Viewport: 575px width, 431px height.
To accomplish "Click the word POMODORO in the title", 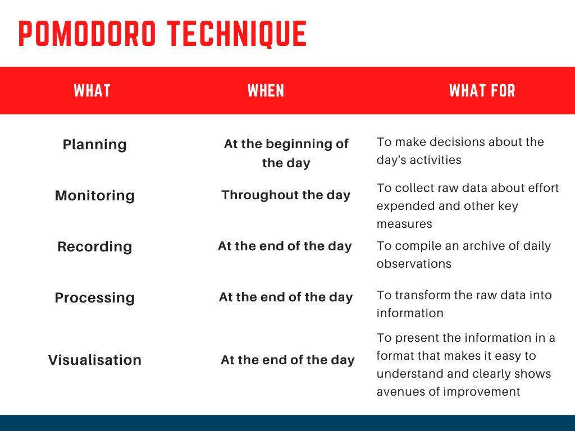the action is point(87,34).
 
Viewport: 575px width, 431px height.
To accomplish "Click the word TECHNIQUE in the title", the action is point(237,34).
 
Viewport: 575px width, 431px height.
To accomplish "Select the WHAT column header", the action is point(92,91).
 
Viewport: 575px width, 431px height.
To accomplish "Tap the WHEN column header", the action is point(266,91).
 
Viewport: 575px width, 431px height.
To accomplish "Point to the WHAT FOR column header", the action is point(482,91).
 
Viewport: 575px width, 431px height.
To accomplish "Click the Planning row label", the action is point(94,145).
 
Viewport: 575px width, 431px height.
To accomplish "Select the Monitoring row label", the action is point(94,196).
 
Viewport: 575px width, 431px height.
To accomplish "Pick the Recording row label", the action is point(94,247).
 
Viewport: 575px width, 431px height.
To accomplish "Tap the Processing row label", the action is point(94,297).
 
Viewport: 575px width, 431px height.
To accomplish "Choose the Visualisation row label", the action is point(94,360).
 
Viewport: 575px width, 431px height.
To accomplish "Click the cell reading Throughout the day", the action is point(286,195).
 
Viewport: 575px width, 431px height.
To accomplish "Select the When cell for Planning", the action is point(286,153).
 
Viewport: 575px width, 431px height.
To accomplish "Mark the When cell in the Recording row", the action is point(285,246).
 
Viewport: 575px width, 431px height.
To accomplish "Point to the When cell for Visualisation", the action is point(287,360).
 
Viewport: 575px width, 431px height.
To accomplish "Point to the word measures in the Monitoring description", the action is point(404,224).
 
